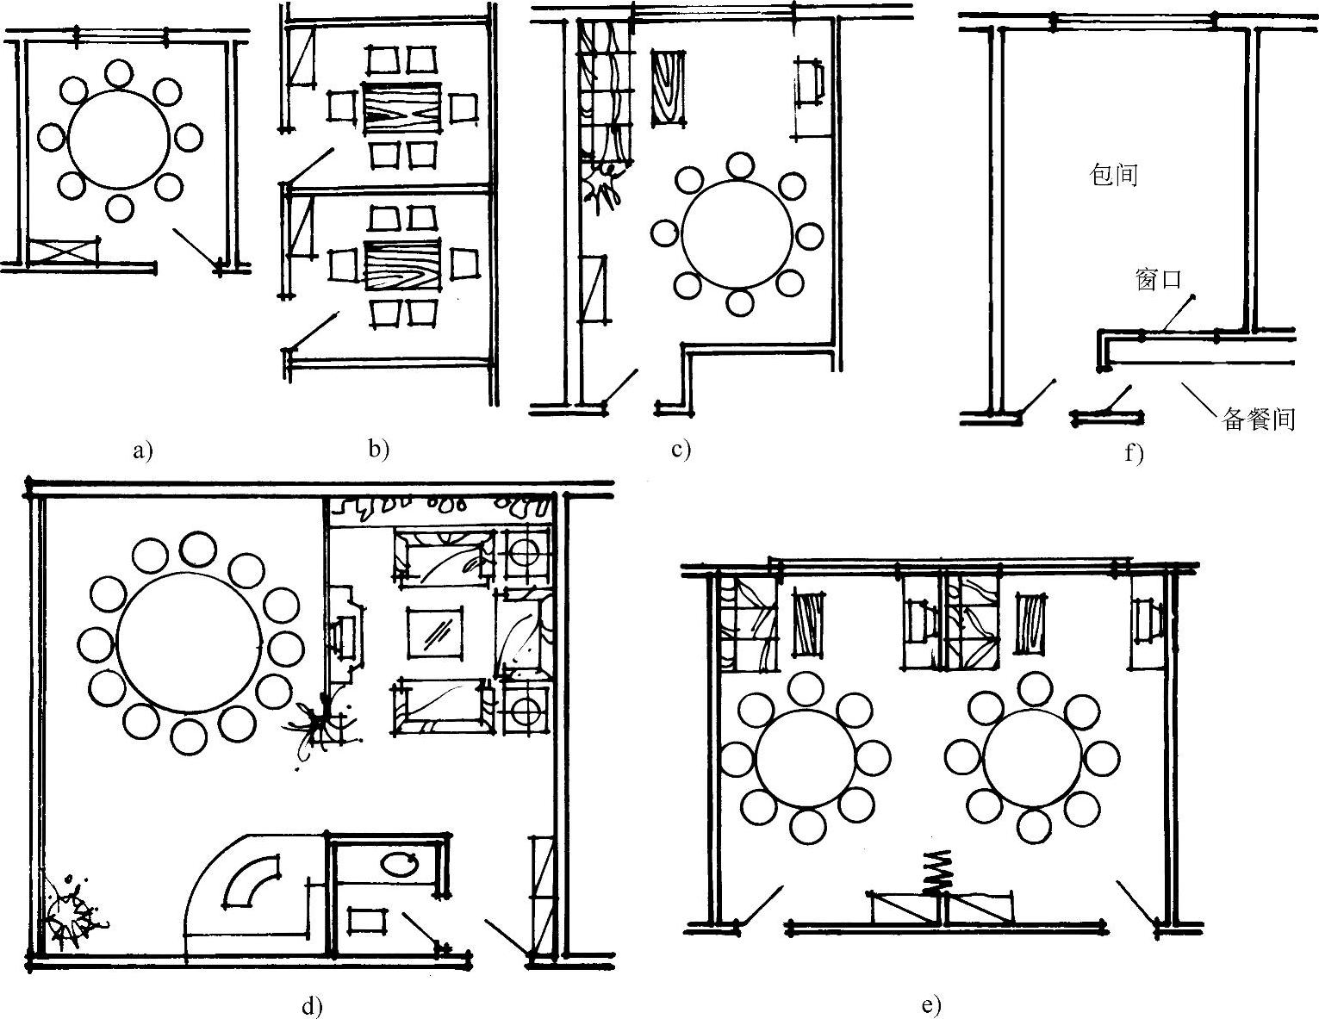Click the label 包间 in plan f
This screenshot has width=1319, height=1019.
pyautogui.click(x=1113, y=175)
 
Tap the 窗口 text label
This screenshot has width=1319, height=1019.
pyautogui.click(x=1158, y=280)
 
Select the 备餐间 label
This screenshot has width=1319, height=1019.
pyautogui.click(x=1259, y=419)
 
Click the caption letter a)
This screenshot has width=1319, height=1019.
pyautogui.click(x=143, y=450)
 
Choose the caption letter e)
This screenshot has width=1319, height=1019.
pyautogui.click(x=930, y=1005)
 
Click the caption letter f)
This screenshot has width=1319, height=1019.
pyautogui.click(x=1133, y=453)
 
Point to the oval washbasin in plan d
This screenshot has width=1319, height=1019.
pyautogui.click(x=397, y=864)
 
